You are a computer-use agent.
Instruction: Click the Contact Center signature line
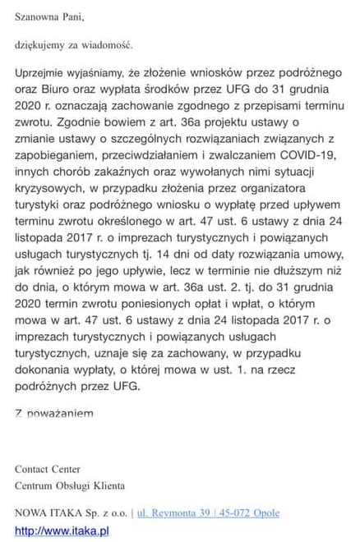pos(48,470)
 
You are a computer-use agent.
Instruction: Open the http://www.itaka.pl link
pos(62,531)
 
